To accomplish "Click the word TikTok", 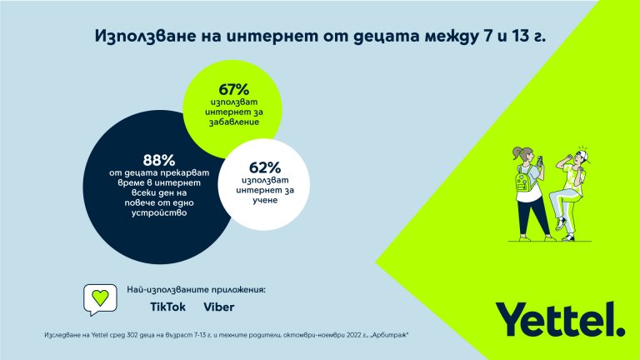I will click(x=167, y=307).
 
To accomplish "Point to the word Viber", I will click(x=219, y=307).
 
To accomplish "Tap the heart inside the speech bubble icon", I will click(x=98, y=297).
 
